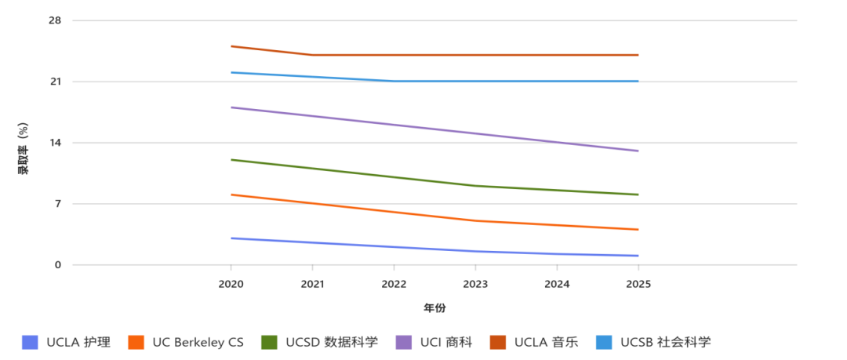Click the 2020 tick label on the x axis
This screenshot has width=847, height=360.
pyautogui.click(x=231, y=283)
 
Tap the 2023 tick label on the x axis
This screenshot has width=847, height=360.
pyautogui.click(x=475, y=283)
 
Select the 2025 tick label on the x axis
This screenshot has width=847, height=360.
pyautogui.click(x=638, y=283)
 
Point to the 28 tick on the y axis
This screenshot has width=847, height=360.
pyautogui.click(x=55, y=20)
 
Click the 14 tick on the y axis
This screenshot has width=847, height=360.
pyautogui.click(x=55, y=143)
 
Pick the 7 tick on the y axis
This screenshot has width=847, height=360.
pyautogui.click(x=57, y=204)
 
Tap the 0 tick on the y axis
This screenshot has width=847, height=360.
pyautogui.click(x=57, y=265)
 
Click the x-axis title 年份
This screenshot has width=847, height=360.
pyautogui.click(x=434, y=308)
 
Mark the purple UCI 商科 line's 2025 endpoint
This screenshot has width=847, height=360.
pyautogui.click(x=638, y=151)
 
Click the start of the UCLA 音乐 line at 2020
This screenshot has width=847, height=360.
pyautogui.click(x=231, y=46)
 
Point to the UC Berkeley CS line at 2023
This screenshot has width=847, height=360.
pyautogui.click(x=475, y=221)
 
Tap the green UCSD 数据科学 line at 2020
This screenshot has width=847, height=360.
pyautogui.click(x=231, y=160)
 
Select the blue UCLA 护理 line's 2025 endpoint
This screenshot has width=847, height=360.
pyautogui.click(x=638, y=256)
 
